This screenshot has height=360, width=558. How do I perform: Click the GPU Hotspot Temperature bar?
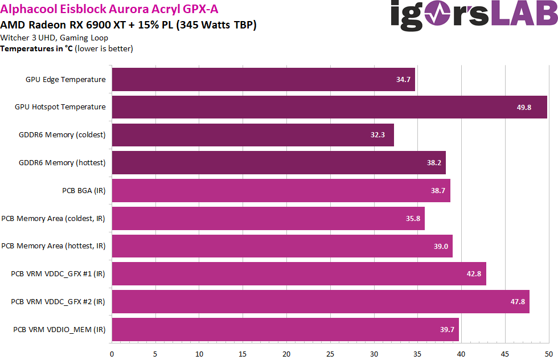coord(329,107)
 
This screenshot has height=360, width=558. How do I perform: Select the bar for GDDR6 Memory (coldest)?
coord(253,135)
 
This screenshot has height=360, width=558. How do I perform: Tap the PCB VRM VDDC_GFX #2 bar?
coord(321,301)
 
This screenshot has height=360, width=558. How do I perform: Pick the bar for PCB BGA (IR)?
coord(281,190)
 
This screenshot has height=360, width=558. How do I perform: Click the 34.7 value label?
coord(403,80)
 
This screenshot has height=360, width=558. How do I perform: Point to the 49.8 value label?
coord(524,107)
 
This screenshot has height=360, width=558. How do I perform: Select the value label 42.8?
coord(474,274)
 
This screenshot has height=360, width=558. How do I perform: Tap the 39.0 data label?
coord(441,246)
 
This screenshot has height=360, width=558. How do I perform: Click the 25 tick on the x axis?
coord(330,353)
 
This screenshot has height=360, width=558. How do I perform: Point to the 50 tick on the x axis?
coord(548,353)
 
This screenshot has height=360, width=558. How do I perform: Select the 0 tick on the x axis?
coord(112,353)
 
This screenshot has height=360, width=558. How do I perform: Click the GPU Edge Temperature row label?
coord(65,80)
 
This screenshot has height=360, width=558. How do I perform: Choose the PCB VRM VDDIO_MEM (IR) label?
coord(59,329)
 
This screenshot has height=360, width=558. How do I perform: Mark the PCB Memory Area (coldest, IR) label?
coord(54,218)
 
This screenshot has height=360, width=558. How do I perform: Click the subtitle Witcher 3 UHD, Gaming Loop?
coord(54,38)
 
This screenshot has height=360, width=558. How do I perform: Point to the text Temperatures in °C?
coord(38,48)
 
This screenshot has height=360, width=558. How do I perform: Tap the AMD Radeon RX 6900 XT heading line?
coord(128,24)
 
